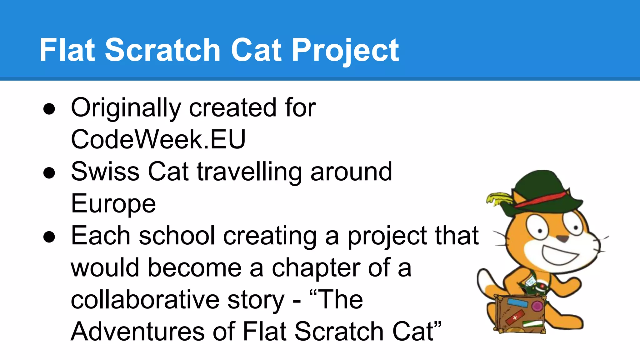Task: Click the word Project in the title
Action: pos(345,50)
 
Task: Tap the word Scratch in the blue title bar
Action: pos(162,50)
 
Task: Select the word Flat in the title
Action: pos(67,50)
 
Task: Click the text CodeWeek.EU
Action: pos(158,139)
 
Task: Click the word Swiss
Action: pos(105,172)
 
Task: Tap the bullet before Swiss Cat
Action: pos(49,173)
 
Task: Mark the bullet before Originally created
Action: pos(49,109)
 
